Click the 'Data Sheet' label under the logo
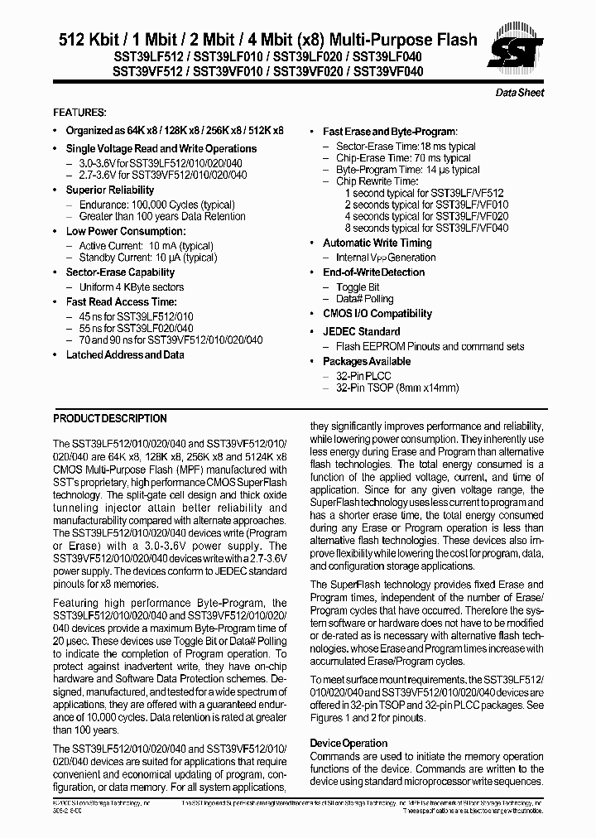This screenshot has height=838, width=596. [x=519, y=93]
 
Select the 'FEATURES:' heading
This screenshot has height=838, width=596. [x=79, y=112]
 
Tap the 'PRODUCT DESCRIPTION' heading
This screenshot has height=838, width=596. [x=110, y=418]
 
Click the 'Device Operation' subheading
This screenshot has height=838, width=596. [x=348, y=743]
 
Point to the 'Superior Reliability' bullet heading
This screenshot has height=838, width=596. [x=110, y=190]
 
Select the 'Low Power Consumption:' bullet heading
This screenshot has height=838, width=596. [x=125, y=231]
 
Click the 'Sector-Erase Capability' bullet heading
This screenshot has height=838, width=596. [x=120, y=272]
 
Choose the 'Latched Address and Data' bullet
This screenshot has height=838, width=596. [x=125, y=354]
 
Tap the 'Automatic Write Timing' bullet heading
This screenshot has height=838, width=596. [x=377, y=243]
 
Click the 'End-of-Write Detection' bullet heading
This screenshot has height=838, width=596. [x=373, y=272]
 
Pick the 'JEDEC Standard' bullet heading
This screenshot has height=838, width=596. [x=361, y=332]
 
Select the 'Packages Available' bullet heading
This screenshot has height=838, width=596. [x=366, y=361]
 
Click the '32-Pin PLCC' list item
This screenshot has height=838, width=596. [x=363, y=375]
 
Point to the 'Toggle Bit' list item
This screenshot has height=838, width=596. [x=358, y=287]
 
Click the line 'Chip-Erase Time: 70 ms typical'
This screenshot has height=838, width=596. [x=403, y=157]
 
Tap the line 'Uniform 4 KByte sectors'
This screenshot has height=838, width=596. [x=131, y=287]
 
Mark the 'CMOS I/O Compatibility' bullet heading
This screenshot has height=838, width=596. [x=377, y=313]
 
